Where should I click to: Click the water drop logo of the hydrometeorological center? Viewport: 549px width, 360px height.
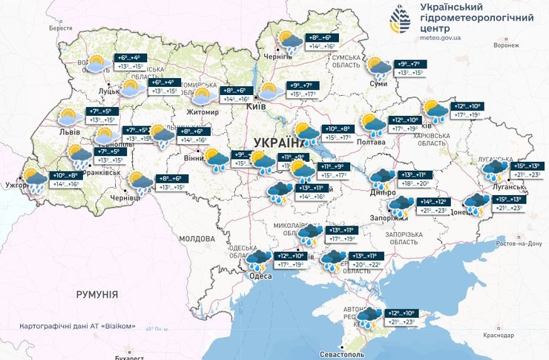(x=401, y=20)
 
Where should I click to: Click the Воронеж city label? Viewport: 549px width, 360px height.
(x=505, y=45)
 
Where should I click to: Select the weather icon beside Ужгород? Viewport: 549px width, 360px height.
(x=34, y=180)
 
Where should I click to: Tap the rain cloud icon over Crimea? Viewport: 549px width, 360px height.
(x=368, y=317)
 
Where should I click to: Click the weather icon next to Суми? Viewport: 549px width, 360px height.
(x=379, y=68)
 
